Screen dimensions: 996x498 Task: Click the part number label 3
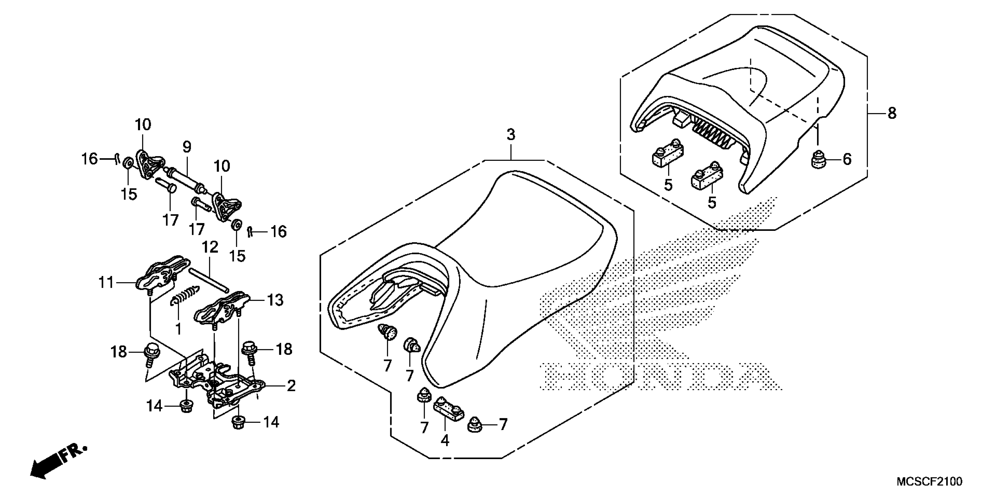click(x=511, y=135)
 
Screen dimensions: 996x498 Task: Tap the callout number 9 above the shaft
click(x=187, y=147)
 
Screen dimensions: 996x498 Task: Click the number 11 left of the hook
click(x=106, y=283)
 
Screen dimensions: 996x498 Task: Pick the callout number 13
click(x=275, y=300)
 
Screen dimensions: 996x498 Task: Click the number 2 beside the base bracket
click(x=291, y=386)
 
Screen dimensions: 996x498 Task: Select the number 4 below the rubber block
click(x=445, y=440)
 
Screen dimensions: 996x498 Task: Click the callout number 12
click(x=210, y=247)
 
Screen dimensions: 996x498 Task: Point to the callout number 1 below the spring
click(x=178, y=329)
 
